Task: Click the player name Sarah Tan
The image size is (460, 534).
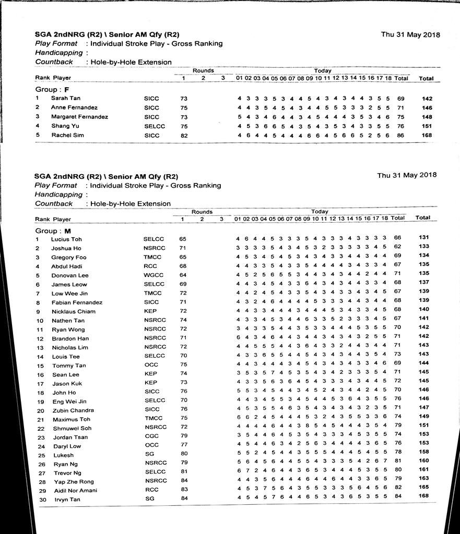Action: tap(65, 98)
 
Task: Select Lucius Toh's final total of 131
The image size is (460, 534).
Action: tap(423, 238)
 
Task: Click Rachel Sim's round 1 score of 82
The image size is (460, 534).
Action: tap(183, 135)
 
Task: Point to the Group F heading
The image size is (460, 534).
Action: tap(52, 89)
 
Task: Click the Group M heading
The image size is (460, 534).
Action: tap(53, 230)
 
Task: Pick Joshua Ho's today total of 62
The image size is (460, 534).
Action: tap(397, 247)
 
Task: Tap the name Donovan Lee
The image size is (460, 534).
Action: tap(69, 275)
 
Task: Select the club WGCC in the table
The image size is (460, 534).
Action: tap(152, 275)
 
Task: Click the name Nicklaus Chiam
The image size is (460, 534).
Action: tap(73, 311)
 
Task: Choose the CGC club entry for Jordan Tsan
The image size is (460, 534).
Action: tap(150, 437)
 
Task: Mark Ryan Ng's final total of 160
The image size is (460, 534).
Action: tap(423, 460)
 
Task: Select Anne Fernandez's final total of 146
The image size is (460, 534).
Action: tap(427, 107)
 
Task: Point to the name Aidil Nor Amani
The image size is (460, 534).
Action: tap(74, 491)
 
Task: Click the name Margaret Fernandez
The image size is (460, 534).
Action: tap(79, 117)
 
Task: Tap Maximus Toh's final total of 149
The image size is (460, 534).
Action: tap(423, 416)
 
